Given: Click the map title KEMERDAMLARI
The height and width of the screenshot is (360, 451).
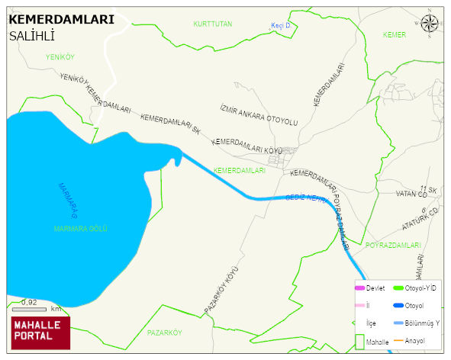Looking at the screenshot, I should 61,20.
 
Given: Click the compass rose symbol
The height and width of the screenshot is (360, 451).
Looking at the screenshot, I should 430,24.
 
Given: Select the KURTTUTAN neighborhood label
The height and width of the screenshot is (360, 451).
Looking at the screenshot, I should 213,25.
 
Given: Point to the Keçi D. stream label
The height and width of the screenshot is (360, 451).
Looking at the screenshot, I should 282,26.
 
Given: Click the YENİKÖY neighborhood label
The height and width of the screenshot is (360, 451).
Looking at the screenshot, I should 60,57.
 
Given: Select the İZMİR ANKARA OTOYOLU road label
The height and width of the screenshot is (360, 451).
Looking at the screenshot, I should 259,116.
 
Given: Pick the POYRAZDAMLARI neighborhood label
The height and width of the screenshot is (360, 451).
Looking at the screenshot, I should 394,245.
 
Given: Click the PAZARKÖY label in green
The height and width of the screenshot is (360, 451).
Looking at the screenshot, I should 165,333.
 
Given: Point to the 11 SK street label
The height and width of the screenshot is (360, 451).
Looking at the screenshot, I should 428,188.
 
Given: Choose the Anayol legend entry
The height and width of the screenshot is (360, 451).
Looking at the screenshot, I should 414,340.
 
